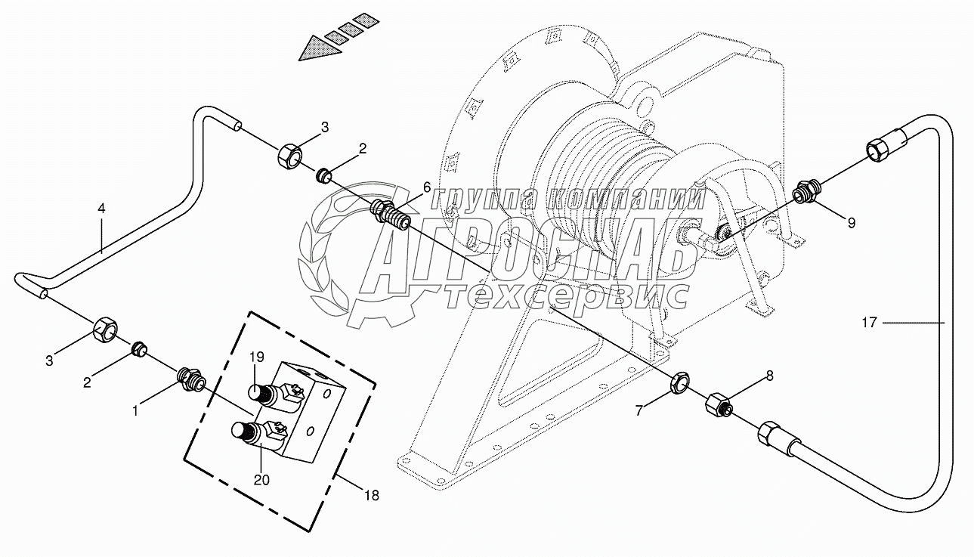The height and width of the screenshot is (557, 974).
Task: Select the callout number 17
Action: pyautogui.click(x=869, y=323)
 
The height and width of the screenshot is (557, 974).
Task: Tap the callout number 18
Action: pyautogui.click(x=370, y=496)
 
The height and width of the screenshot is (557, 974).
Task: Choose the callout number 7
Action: pyautogui.click(x=641, y=411)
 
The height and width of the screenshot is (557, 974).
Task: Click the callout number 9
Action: pyautogui.click(x=851, y=223)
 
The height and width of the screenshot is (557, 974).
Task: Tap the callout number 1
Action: pyautogui.click(x=136, y=411)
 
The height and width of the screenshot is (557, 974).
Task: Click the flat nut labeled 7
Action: pyautogui.click(x=679, y=383)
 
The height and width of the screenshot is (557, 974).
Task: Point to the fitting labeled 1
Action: pyautogui.click(x=189, y=376)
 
